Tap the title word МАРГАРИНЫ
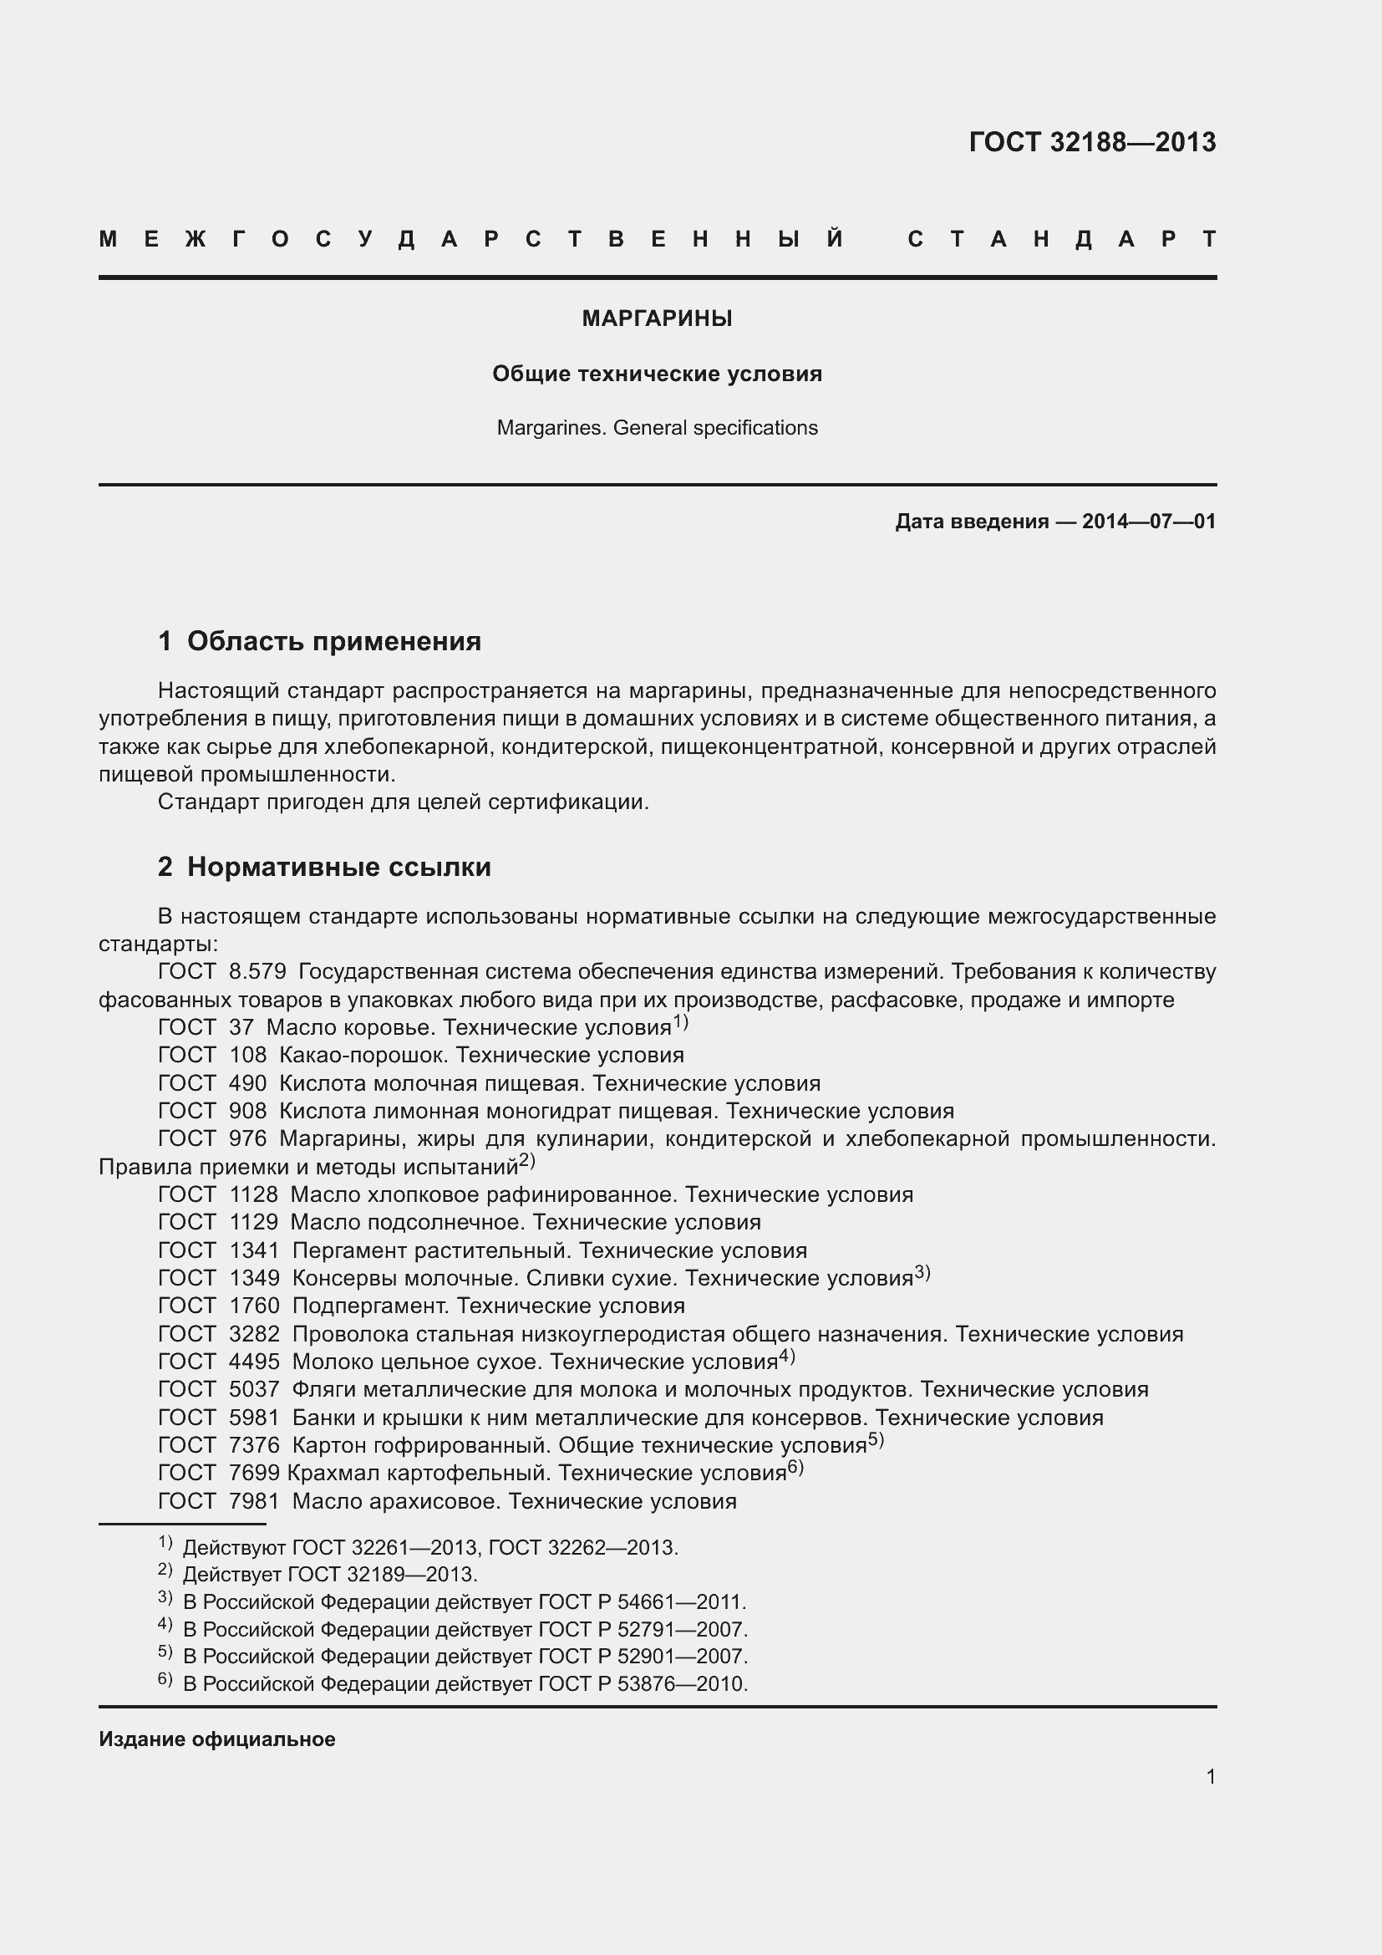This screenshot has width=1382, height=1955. click(x=657, y=318)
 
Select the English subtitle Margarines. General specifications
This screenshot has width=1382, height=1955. click(x=657, y=427)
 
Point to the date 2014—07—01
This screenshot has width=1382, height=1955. click(x=1149, y=521)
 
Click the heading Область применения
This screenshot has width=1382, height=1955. click(x=333, y=640)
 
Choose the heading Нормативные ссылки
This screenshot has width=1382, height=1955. click(x=338, y=867)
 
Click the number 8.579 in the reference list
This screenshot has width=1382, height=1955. click(x=257, y=971)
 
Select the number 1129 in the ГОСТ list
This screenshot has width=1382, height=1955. click(x=254, y=1222)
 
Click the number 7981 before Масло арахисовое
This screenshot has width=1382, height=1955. click(x=254, y=1500)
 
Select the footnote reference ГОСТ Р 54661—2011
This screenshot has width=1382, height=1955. click(x=643, y=1601)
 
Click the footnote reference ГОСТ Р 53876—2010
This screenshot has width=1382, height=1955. click(x=643, y=1683)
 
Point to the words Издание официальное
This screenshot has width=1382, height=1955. click(x=217, y=1739)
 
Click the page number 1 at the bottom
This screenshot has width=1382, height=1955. click(x=1210, y=1776)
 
